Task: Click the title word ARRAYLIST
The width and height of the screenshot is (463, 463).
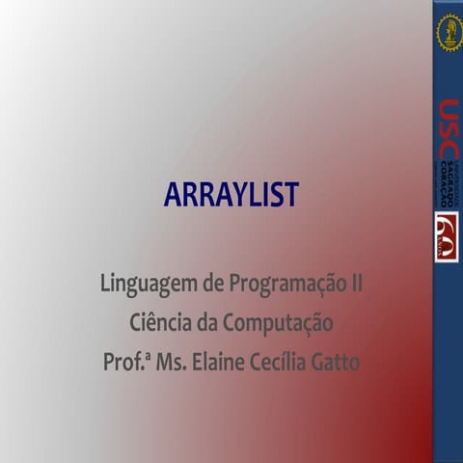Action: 231,195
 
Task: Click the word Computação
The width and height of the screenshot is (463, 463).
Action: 280,324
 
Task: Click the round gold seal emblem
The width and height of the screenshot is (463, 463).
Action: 449,32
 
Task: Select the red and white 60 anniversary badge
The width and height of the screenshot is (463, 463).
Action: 448,236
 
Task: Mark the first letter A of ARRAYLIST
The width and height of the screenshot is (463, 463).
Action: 174,195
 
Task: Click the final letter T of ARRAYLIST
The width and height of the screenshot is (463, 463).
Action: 290,195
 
